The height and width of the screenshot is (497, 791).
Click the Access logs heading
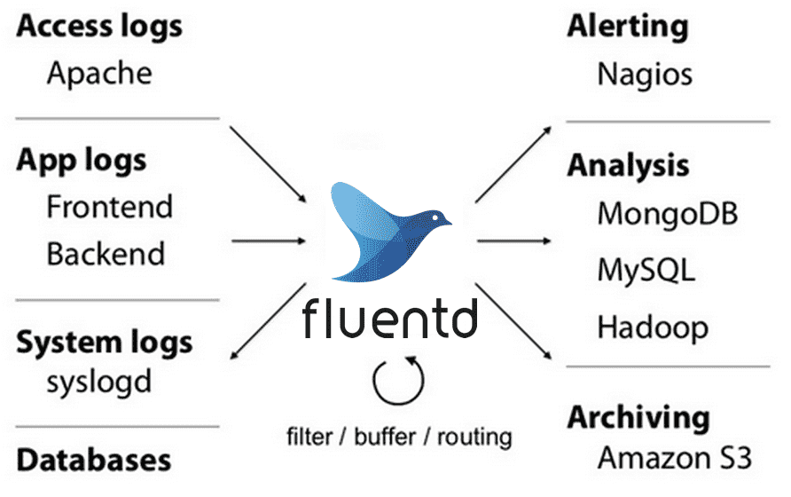click(x=99, y=28)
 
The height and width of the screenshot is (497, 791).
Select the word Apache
click(x=99, y=72)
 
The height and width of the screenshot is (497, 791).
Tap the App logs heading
click(x=82, y=161)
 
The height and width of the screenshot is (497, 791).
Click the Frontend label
click(x=110, y=207)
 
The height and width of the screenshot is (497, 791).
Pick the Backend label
click(x=106, y=254)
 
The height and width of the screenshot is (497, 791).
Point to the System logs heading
click(x=105, y=342)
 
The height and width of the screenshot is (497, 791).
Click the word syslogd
click(x=99, y=382)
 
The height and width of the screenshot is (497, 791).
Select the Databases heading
click(x=94, y=460)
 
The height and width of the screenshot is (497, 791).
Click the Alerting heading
click(x=628, y=28)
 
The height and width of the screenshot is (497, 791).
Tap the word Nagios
click(x=645, y=74)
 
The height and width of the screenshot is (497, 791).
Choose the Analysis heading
click(x=628, y=166)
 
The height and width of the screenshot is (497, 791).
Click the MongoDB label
click(x=668, y=214)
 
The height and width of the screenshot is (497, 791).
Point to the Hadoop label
click(x=653, y=327)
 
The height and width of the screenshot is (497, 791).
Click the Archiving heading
click(x=638, y=416)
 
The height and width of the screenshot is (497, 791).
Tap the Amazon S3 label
click(x=674, y=458)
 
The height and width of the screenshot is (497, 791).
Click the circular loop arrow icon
click(x=395, y=380)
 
